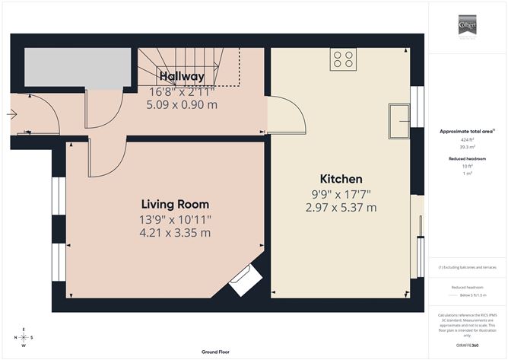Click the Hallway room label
[x=181, y=77]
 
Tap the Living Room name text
[x=175, y=205]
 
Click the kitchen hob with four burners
[x=343, y=59]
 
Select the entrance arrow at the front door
[x=11, y=116]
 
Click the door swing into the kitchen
[x=287, y=114]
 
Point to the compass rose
[x=24, y=337]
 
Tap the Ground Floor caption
[x=215, y=352]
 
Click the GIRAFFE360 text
[x=466, y=346]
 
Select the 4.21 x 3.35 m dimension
[x=175, y=233]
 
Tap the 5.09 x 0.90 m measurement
[x=182, y=104]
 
